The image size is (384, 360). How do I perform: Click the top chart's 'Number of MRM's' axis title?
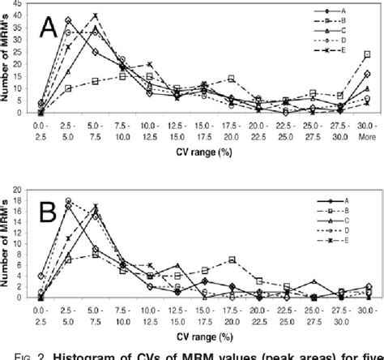coord(7,61)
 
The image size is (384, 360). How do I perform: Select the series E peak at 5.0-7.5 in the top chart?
coord(95,15)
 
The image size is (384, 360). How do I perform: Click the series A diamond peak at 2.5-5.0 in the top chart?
coord(68,20)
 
